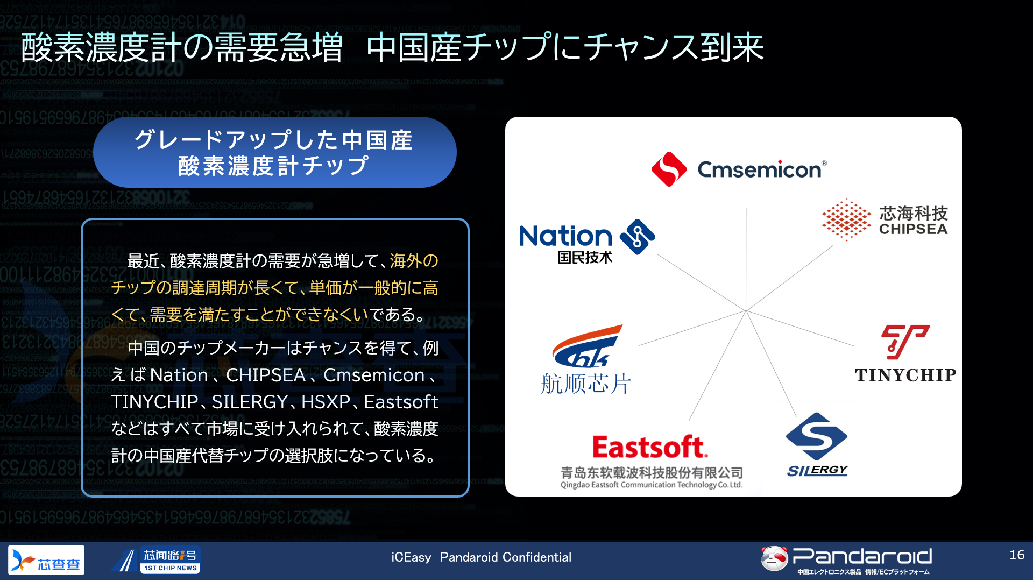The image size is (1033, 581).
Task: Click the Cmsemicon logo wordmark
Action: [760, 170]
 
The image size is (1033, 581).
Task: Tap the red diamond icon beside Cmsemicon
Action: [669, 169]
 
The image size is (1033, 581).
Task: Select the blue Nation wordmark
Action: [566, 236]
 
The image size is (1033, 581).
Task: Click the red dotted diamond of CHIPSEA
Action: [846, 219]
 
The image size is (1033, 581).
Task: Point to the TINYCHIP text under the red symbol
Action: [905, 375]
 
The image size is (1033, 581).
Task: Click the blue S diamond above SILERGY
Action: [817, 436]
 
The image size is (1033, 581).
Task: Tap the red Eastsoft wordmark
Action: [650, 447]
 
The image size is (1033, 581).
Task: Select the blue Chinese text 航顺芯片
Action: [586, 384]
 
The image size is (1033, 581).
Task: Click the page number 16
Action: [1017, 555]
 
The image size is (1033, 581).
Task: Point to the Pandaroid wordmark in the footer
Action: [862, 556]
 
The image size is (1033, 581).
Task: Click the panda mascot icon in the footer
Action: [774, 558]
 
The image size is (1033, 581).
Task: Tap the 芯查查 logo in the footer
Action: [46, 560]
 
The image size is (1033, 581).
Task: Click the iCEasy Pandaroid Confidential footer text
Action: [482, 557]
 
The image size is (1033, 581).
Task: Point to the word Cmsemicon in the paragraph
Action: [374, 375]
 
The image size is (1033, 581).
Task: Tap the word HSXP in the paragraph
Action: [326, 402]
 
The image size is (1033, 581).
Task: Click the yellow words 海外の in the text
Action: [414, 261]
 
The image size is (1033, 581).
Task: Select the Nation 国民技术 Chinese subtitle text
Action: [585, 257]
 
